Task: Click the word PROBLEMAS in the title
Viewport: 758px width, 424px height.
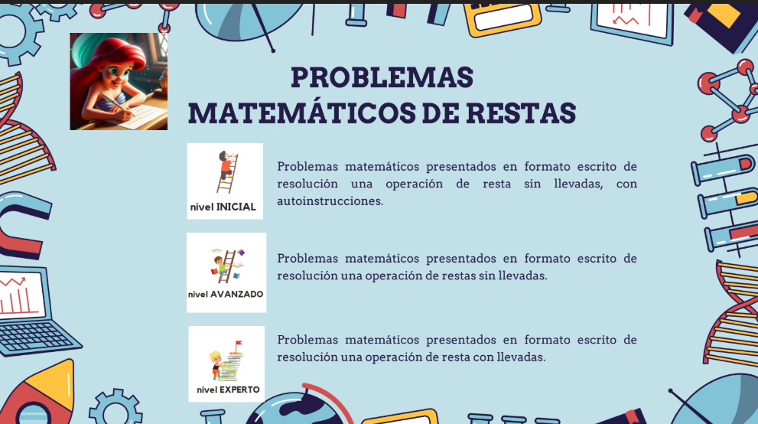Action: [x=382, y=77]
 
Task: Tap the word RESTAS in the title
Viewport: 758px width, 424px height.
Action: [x=521, y=113]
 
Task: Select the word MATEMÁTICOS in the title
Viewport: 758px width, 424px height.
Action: [x=301, y=113]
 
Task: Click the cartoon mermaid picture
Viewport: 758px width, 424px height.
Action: [x=119, y=81]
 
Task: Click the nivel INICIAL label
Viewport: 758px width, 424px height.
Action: [x=223, y=207]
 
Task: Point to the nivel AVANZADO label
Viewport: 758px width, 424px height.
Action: [x=226, y=294]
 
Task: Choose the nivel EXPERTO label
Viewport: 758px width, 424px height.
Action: [x=228, y=390]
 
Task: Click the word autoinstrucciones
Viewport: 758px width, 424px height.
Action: [x=330, y=201]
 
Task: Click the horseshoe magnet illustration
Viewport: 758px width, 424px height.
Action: [x=21, y=225]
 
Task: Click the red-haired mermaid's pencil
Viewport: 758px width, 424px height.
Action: [x=118, y=105]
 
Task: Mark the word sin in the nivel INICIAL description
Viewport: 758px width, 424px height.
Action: [x=532, y=184]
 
